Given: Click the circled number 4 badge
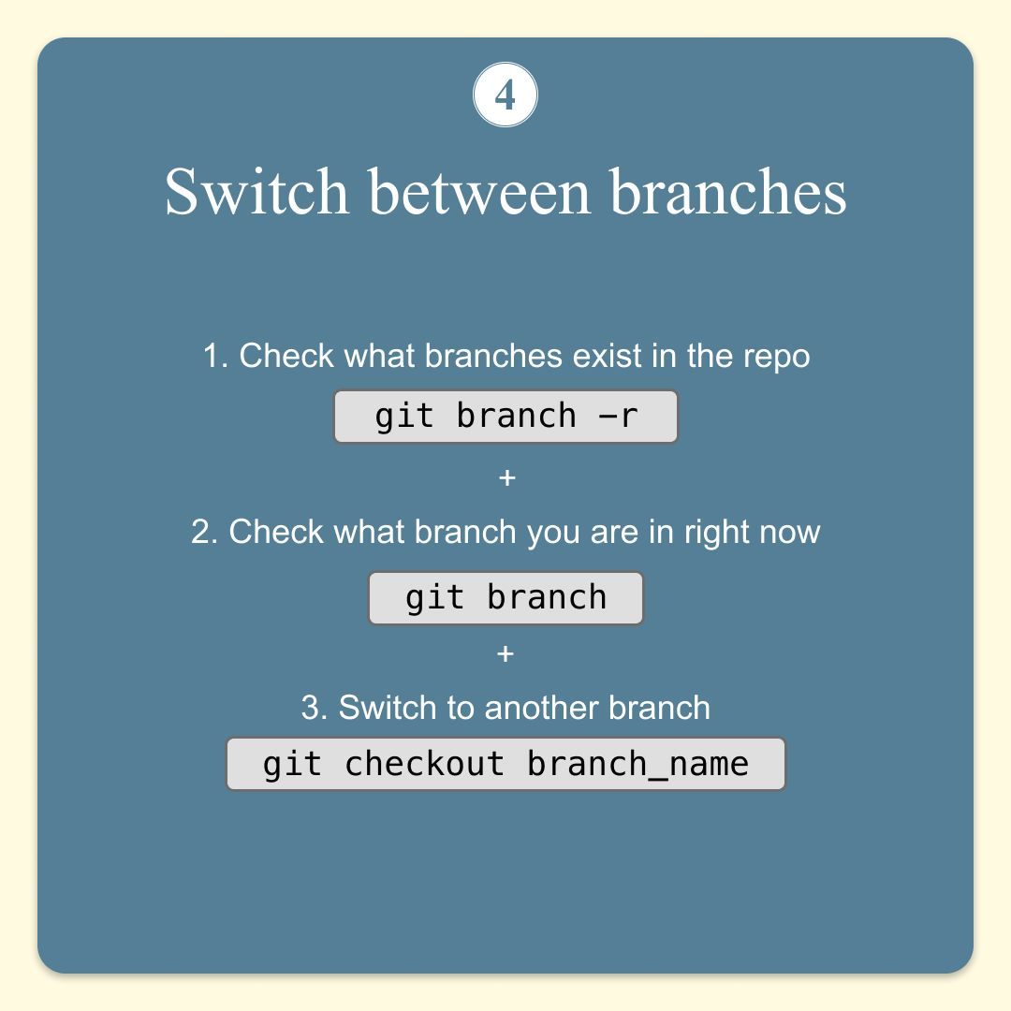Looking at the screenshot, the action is pos(505,95).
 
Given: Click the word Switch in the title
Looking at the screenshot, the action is pos(256,192).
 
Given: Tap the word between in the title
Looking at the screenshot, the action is pos(479,192).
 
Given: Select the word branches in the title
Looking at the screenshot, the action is pos(728,192).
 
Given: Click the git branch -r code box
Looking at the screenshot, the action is pos(505,417).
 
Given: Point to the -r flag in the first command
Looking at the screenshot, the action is pos(619,417).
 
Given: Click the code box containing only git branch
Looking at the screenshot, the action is pos(505,598).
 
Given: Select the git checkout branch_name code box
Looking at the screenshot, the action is pos(505,764).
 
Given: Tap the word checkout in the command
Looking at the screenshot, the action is pos(424,764).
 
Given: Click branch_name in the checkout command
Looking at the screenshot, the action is pos(637,765).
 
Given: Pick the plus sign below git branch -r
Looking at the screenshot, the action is pos(507,477).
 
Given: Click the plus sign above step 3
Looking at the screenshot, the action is pos(505,653).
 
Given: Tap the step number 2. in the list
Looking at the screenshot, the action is pos(206,532).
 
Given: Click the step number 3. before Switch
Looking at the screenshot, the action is pos(315,708).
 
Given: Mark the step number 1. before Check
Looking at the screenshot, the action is pos(215,356).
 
